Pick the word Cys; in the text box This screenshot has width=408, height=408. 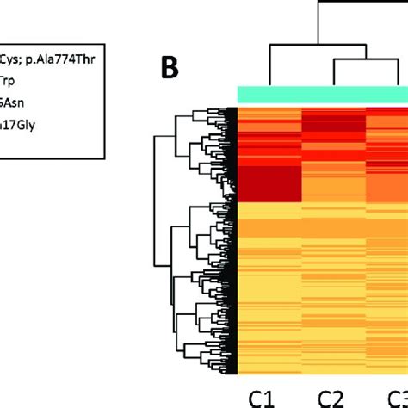[15, 56]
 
